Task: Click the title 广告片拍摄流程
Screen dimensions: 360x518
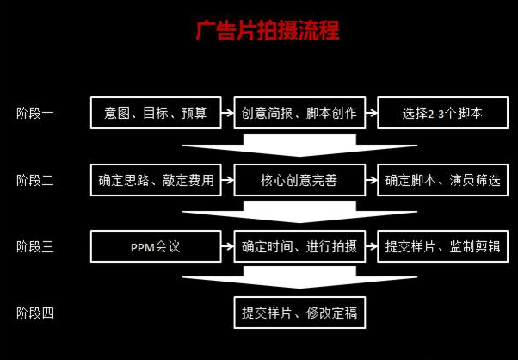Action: pos(267,32)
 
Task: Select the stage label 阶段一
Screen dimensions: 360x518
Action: pos(35,113)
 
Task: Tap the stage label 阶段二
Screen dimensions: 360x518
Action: pos(35,180)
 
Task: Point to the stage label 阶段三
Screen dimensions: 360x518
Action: pos(35,246)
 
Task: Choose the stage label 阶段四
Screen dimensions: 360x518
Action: pos(35,313)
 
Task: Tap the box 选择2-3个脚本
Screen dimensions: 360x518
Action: pos(442,113)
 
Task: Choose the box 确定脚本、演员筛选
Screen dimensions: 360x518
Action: pos(442,180)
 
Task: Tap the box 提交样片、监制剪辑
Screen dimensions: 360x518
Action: pos(442,246)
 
